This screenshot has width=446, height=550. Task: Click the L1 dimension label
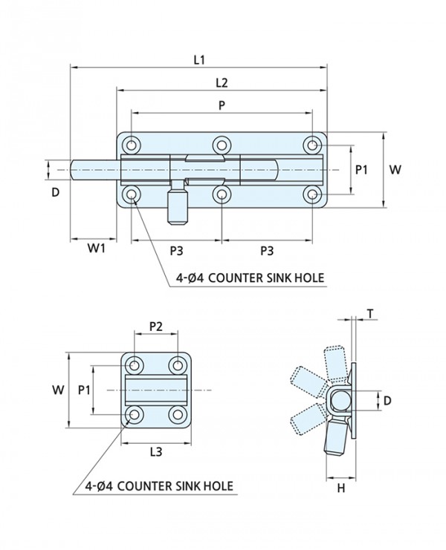[x=199, y=58]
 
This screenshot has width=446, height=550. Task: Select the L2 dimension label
[x=222, y=82]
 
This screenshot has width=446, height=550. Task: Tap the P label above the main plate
[x=222, y=105]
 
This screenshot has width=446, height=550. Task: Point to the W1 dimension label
[x=94, y=249]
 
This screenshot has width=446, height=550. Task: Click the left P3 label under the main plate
[x=176, y=249]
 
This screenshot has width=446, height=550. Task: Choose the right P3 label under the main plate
[x=268, y=249]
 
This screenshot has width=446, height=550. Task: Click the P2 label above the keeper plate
[x=156, y=325]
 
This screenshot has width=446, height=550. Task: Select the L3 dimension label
[x=156, y=451]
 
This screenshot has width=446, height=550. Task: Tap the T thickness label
[x=369, y=314]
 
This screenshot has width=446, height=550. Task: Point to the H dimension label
[x=341, y=487]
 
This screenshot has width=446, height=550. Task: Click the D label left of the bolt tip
[x=55, y=192]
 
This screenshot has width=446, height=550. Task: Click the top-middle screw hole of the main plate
[x=222, y=145]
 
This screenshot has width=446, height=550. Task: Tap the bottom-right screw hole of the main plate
[x=313, y=194]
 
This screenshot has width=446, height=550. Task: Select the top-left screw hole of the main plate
[x=132, y=145]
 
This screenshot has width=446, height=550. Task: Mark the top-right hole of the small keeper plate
[x=177, y=365]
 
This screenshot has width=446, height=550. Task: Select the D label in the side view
[x=386, y=401]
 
